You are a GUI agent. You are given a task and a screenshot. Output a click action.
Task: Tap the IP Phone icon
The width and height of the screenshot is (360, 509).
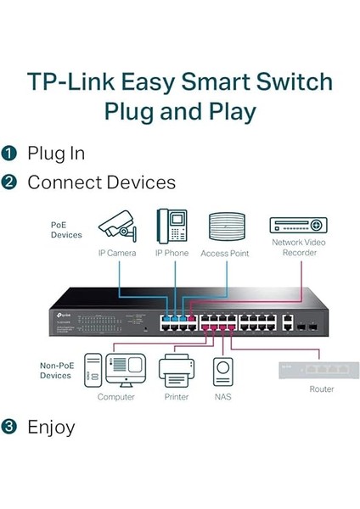click(172, 226)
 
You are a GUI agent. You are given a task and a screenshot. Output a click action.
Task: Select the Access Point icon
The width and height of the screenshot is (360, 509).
click(226, 227)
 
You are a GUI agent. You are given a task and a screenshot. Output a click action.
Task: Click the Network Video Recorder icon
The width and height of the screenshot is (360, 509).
click(298, 225)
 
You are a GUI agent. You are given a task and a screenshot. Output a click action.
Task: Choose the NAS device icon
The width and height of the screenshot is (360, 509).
click(223, 372)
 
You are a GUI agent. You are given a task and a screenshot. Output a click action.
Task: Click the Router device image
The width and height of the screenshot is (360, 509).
click(322, 370)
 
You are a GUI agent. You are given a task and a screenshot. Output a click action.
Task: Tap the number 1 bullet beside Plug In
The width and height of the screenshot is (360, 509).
click(9, 154)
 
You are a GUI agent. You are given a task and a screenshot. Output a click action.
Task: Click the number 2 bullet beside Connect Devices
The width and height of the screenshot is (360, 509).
click(9, 182)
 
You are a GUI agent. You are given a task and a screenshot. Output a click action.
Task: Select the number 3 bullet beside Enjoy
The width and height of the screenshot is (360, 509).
click(9, 427)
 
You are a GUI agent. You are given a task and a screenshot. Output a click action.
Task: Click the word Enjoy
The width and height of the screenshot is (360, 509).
click(51, 427)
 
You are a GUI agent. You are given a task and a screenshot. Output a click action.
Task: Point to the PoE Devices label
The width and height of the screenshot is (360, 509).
click(65, 229)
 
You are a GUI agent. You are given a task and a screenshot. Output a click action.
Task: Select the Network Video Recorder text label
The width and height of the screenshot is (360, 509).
click(298, 247)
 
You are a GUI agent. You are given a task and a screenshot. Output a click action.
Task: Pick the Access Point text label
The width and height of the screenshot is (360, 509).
click(226, 253)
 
